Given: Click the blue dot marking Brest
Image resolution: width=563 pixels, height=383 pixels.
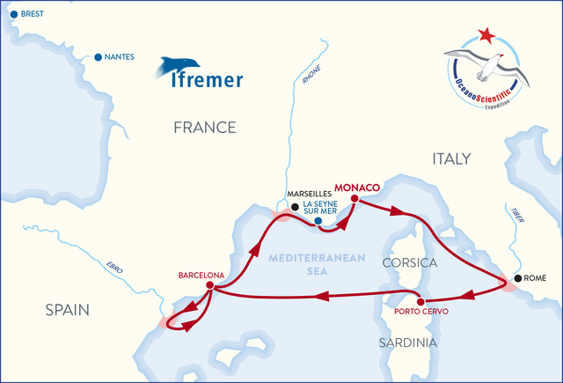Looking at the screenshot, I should click(x=12, y=14).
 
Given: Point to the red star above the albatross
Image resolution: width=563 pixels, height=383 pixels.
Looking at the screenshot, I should click(x=485, y=36).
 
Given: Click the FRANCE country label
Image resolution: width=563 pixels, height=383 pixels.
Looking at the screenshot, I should click(x=204, y=128).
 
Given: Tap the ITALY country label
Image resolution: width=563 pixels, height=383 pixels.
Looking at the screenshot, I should click(x=450, y=158).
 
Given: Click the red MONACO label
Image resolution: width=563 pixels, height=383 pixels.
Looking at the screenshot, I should click(x=356, y=188).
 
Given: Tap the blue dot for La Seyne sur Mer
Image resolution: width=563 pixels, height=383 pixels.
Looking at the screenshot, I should click(x=318, y=209).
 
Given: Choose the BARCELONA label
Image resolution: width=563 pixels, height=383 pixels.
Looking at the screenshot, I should click(x=201, y=274).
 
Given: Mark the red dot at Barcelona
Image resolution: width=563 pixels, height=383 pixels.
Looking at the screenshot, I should click(x=209, y=286).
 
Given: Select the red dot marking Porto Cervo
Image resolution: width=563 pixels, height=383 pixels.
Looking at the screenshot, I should click(x=420, y=300).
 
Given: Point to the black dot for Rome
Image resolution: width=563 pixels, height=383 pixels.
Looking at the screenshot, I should click(x=518, y=278).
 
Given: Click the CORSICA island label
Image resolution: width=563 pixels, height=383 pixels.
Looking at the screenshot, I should click(x=410, y=263).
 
